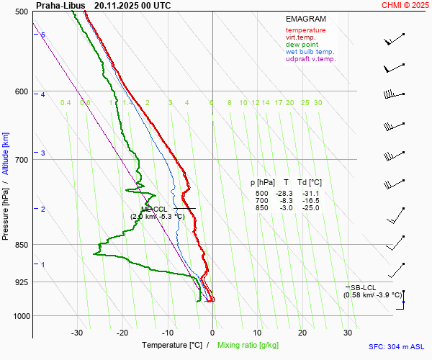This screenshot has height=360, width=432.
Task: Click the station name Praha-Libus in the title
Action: pyautogui.click(x=60, y=5)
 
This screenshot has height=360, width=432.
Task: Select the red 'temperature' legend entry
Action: pyautogui.click(x=305, y=30)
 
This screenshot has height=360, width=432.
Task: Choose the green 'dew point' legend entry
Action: pyautogui.click(x=302, y=45)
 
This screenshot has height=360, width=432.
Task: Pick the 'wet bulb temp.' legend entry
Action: pyautogui.click(x=310, y=52)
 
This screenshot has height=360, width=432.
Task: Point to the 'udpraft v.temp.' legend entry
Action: pyautogui.click(x=310, y=59)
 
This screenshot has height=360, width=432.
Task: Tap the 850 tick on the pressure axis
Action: pyautogui.click(x=20, y=245)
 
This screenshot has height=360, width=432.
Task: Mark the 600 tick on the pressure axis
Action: pyautogui.click(x=20, y=91)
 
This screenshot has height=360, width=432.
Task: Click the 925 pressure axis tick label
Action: pyautogui.click(x=20, y=282)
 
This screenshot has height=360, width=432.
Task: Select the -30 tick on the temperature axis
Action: pyautogui.click(x=77, y=333)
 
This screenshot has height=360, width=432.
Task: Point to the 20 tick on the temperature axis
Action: pyautogui.click(x=302, y=333)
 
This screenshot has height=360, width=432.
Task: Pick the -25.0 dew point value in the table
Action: pyautogui.click(x=311, y=208)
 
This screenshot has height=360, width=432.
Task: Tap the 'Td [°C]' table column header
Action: pyautogui.click(x=310, y=183)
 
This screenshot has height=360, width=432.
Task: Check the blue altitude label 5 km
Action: pyautogui.click(x=43, y=35)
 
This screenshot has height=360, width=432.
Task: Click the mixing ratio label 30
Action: pyautogui.click(x=318, y=103)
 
